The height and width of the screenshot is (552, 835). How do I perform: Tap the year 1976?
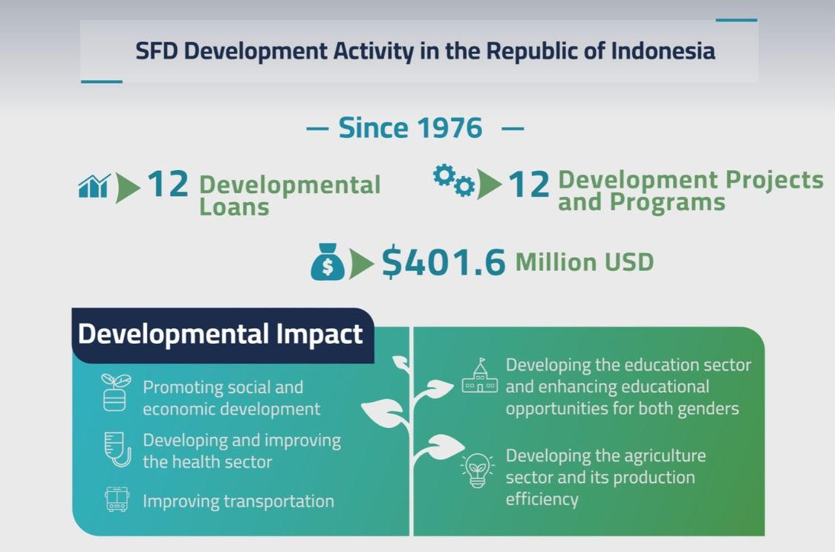(449, 128)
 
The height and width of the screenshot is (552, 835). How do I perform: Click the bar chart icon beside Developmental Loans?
(94, 186)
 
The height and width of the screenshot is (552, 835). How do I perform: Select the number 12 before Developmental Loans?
(168, 184)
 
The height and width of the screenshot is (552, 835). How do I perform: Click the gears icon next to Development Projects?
(453, 181)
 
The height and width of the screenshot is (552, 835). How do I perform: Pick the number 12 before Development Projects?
(529, 185)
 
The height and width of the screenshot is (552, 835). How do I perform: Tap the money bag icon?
(328, 262)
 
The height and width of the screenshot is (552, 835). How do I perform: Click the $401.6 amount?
(444, 262)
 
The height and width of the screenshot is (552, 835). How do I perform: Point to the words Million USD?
(584, 262)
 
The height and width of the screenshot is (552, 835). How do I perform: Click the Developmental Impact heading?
(220, 334)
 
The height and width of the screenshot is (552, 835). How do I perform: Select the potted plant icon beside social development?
(116, 392)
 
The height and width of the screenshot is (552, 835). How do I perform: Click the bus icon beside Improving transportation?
(117, 500)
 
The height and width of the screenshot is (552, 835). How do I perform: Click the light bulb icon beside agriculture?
(477, 470)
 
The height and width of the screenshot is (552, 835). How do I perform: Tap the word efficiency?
(542, 499)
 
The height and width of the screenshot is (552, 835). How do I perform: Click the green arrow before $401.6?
(362, 264)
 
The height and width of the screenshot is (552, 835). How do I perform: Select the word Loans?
(234, 208)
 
